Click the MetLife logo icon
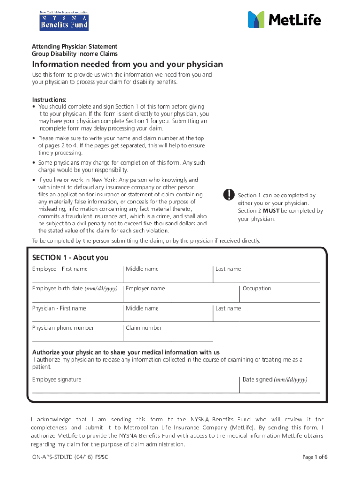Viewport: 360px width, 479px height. [256, 20]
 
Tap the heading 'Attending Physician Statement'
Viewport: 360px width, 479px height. [74, 47]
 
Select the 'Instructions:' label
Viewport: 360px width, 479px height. [49, 100]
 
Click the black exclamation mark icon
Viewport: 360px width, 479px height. [228, 195]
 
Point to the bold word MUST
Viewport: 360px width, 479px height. [270, 211]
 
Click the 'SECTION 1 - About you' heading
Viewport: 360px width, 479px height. [70, 258]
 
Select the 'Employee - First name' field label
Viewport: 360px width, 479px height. [60, 269]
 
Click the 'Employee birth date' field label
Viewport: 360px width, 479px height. [74, 289]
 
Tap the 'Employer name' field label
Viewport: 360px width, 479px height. [145, 289]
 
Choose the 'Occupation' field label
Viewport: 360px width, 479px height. [257, 289]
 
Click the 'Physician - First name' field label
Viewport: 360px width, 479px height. [59, 308]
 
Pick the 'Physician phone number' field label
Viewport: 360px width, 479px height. [63, 328]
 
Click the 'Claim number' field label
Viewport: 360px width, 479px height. [144, 328]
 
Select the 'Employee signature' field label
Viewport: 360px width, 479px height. [57, 379]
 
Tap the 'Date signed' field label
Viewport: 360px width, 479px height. [275, 379]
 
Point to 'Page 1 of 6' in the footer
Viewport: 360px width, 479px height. [315, 457]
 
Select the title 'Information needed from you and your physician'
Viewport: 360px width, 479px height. [127, 65]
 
